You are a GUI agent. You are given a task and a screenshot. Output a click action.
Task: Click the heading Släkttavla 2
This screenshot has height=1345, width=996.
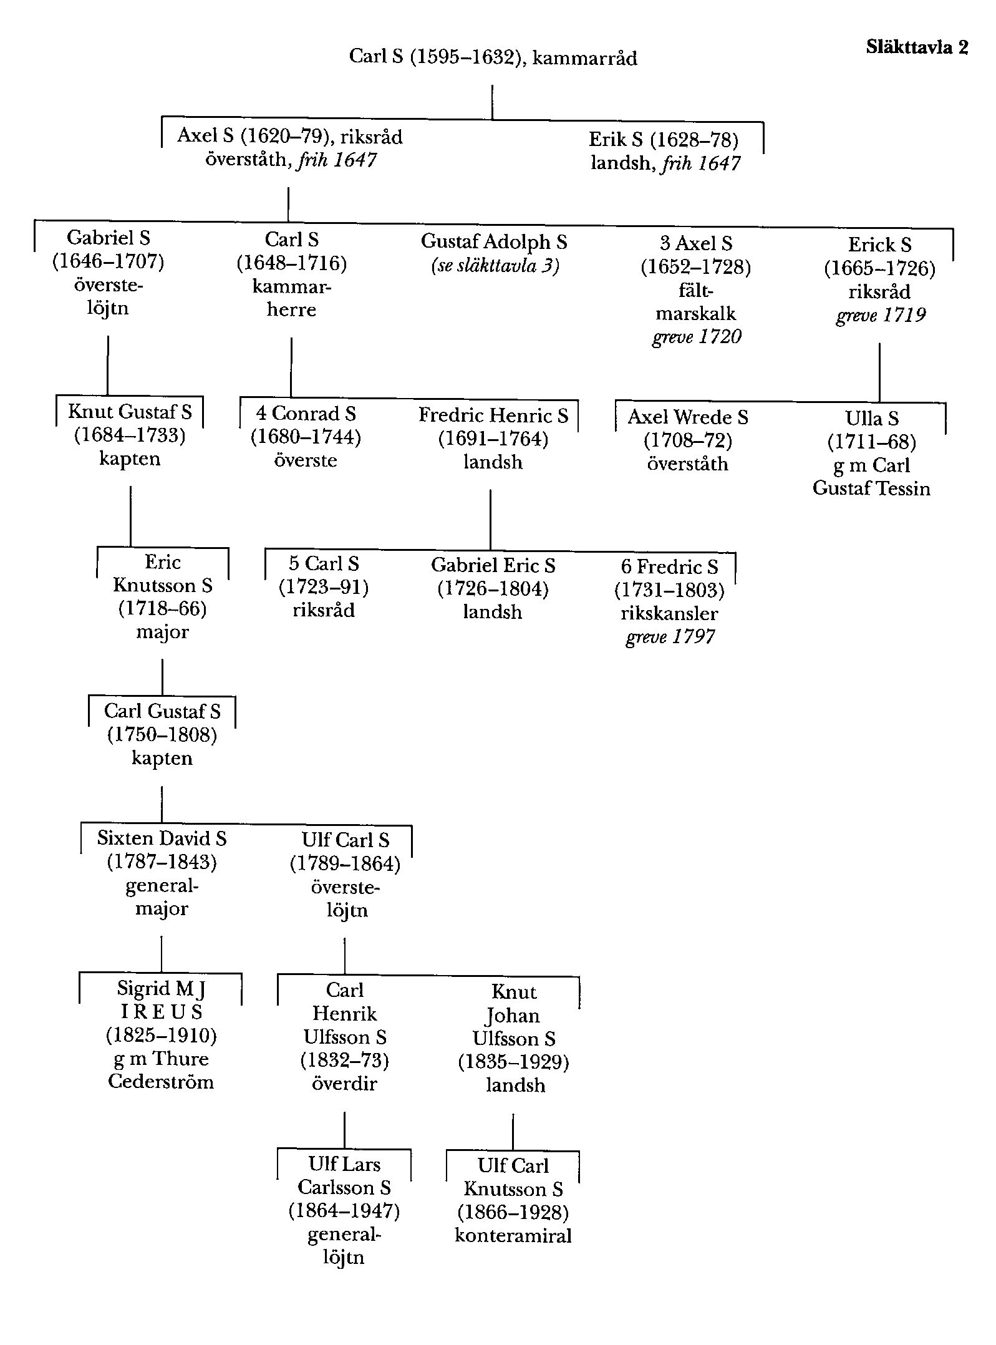(916, 47)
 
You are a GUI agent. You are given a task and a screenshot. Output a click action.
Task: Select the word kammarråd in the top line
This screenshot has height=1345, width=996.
(584, 58)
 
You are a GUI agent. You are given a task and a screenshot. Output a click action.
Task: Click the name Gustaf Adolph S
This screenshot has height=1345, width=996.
(494, 241)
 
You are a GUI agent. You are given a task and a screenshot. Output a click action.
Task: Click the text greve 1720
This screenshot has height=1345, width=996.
(697, 337)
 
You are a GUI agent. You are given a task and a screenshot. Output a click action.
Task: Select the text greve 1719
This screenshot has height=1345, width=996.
(880, 315)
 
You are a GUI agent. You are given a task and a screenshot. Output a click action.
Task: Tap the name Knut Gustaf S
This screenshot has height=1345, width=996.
(130, 412)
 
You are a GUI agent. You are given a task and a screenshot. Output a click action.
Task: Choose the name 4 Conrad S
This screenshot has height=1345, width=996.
(306, 414)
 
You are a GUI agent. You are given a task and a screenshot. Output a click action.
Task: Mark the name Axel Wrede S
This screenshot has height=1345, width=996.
(687, 417)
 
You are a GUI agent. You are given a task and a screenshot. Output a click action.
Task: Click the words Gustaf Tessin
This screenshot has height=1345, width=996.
(871, 488)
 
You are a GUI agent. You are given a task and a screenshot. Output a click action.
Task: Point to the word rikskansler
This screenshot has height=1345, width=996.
(669, 613)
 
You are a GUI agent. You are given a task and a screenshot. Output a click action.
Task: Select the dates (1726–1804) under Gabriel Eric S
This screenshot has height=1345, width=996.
(493, 589)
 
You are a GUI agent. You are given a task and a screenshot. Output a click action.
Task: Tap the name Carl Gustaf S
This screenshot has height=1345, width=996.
(162, 711)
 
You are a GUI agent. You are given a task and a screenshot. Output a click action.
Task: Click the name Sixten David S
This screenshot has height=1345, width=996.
(162, 838)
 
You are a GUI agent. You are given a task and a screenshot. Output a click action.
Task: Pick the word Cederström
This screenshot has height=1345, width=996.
(161, 1081)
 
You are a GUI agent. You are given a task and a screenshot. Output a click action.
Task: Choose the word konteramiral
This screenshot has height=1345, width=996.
(513, 1236)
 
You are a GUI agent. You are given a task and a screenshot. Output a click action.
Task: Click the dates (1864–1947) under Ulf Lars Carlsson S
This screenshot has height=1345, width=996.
(344, 1211)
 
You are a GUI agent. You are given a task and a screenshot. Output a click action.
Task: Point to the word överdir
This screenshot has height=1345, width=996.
(344, 1083)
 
